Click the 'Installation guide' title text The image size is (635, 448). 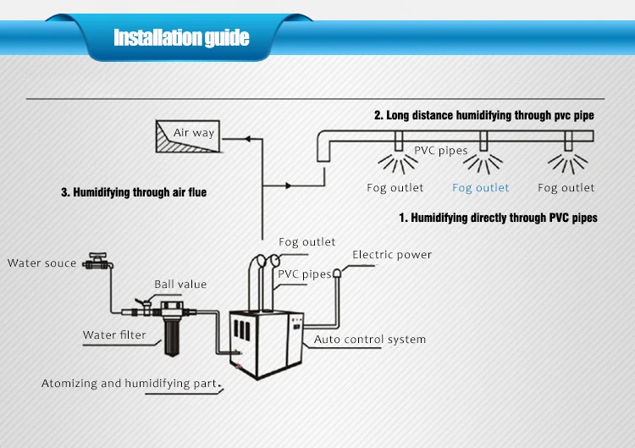181,38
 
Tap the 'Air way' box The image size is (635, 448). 186,135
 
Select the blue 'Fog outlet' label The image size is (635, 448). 481,188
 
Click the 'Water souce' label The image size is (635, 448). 42,263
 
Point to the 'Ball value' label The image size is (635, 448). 179,285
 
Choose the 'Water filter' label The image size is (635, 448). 114,335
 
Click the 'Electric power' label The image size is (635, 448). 392,255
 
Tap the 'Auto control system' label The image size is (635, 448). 370,340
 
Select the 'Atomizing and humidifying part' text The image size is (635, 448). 129,384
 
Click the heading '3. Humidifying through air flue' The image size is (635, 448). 134,193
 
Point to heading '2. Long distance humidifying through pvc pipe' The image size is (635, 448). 484,115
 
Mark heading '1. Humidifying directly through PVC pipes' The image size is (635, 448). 498,218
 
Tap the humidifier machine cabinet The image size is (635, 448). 267,343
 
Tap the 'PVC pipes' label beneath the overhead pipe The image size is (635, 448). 440,152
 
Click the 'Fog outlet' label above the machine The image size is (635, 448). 307,242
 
